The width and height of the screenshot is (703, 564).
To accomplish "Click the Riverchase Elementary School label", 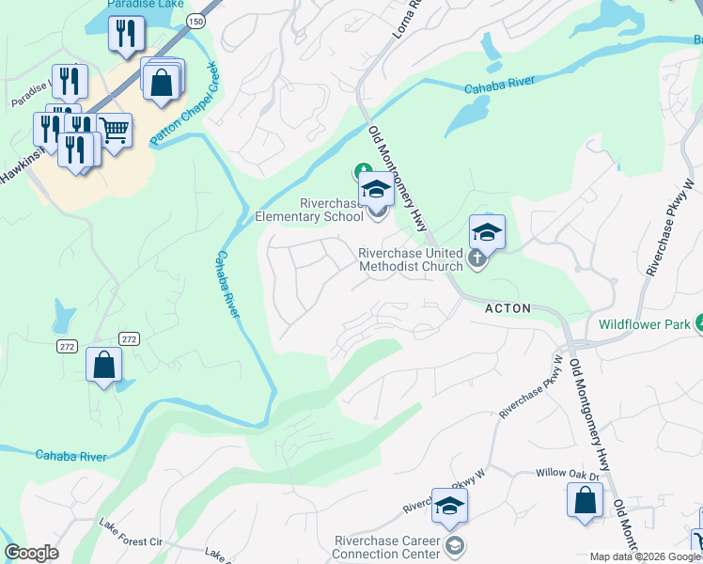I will click(x=309, y=210).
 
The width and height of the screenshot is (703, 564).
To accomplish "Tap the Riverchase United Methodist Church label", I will click(x=411, y=259).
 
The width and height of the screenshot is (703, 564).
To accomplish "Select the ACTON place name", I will click(x=508, y=308).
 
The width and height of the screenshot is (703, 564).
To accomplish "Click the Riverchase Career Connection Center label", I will click(x=389, y=546).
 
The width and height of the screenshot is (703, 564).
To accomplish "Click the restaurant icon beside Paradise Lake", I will click(x=124, y=34).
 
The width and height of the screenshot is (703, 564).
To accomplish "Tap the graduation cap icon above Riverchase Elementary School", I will click(x=376, y=189).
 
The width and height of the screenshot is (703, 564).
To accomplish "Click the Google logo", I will click(x=32, y=554).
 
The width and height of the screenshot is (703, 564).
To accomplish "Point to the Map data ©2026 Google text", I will click(x=645, y=556).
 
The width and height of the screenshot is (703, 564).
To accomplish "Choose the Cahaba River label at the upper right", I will click(x=500, y=85).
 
